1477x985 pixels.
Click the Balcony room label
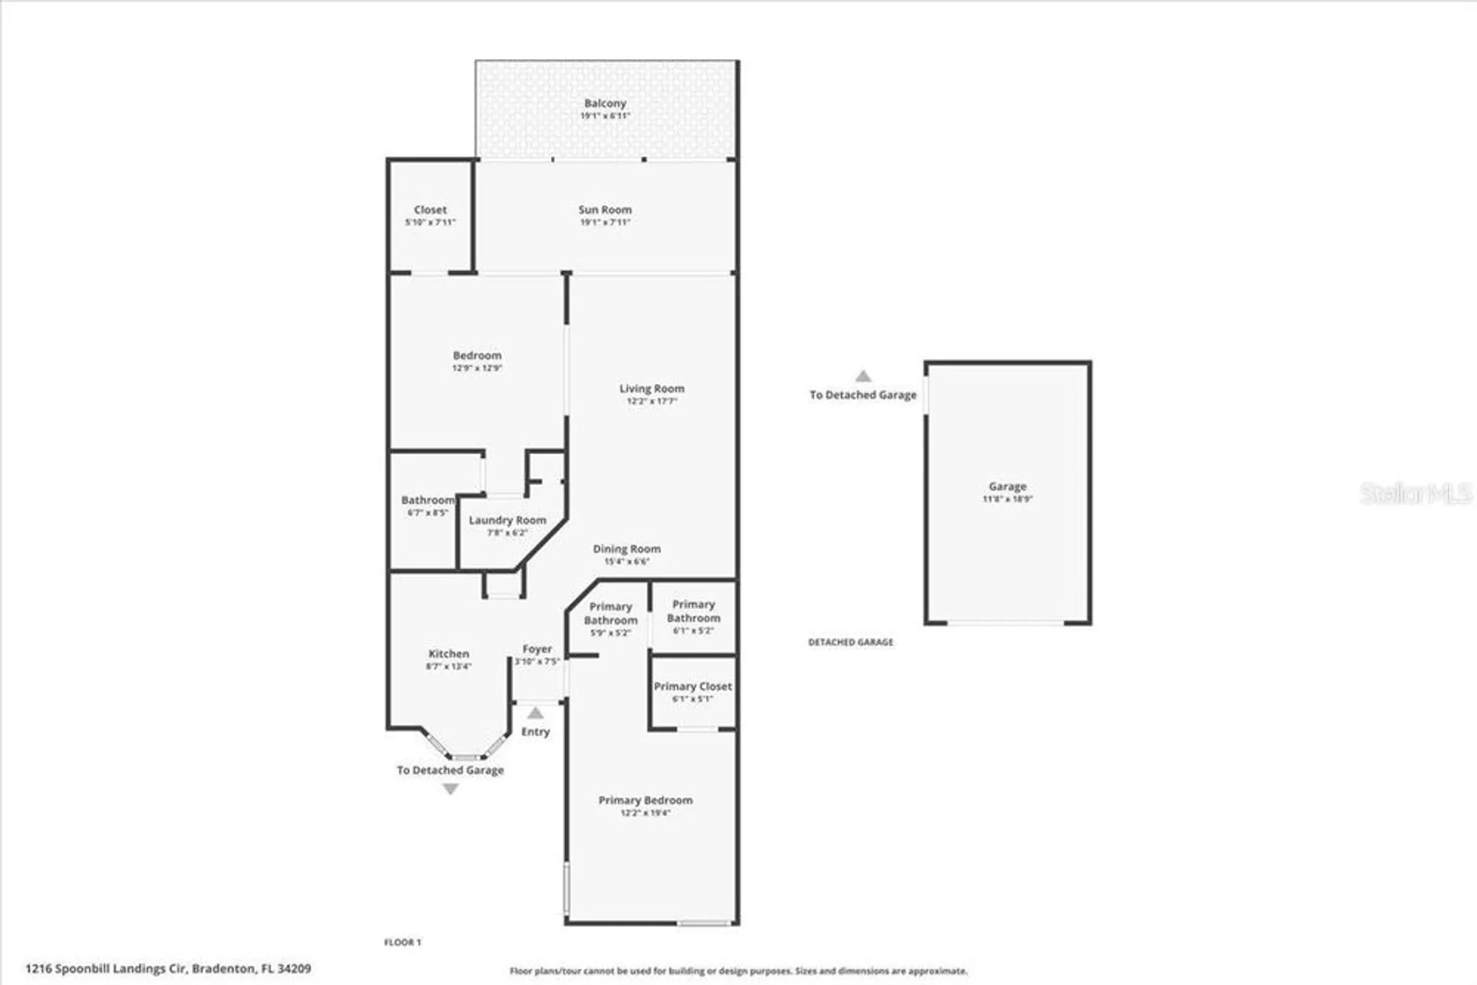tap(605, 103)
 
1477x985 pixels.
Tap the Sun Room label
tap(605, 210)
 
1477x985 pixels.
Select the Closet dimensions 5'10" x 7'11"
tap(431, 222)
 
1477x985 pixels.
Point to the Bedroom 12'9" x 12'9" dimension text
tap(477, 368)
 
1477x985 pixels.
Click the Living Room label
tap(651, 388)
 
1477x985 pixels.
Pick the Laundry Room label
tap(507, 520)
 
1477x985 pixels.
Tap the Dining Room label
tap(626, 549)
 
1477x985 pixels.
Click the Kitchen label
tap(448, 653)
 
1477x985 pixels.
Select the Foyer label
tap(537, 649)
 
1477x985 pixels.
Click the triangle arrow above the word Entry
tap(535, 713)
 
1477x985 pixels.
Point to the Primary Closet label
tap(693, 686)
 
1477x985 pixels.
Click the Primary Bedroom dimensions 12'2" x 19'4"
tap(645, 813)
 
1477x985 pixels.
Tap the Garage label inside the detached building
tap(1007, 487)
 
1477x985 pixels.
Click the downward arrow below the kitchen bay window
tap(450, 789)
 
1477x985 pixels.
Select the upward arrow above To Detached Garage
tap(863, 377)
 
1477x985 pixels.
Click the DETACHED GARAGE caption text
tap(850, 642)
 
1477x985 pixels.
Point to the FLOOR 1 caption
tap(402, 942)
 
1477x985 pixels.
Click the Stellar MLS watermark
tap(1415, 493)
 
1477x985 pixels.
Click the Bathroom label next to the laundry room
tap(428, 500)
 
